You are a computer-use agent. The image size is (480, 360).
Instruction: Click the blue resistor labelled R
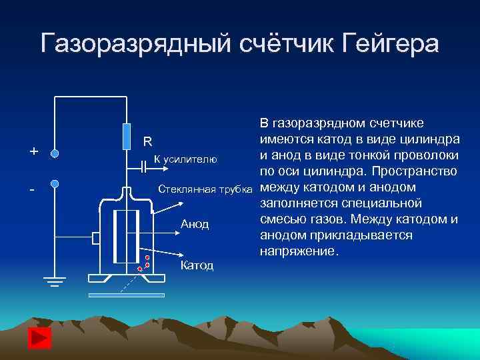point(127,135)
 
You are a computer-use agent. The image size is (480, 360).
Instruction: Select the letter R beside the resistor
point(148,141)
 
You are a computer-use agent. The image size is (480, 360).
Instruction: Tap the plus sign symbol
point(33,151)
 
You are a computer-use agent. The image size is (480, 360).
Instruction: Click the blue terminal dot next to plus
point(55,153)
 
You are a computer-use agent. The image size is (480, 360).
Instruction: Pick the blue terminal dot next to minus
point(55,183)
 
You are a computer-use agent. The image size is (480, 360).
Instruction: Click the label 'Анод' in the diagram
point(195,224)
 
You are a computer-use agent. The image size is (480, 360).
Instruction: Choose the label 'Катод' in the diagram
point(197,266)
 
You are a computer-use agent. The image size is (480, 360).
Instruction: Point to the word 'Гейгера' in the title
point(390,43)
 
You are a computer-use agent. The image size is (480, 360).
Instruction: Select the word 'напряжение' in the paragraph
point(297,252)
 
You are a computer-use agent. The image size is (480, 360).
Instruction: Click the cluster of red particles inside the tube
point(144,263)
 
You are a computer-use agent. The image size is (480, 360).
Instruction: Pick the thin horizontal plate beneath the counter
point(127,295)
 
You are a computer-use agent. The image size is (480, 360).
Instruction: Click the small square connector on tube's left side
point(96,238)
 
